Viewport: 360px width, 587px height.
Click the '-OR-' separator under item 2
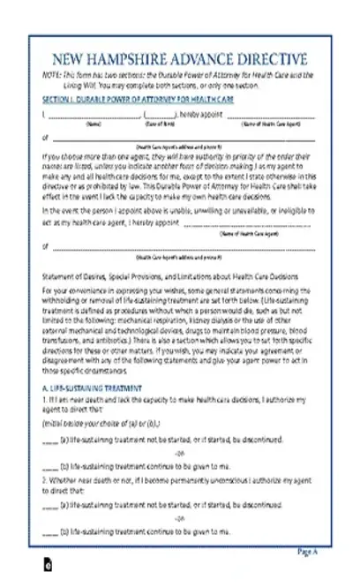[181, 518]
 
